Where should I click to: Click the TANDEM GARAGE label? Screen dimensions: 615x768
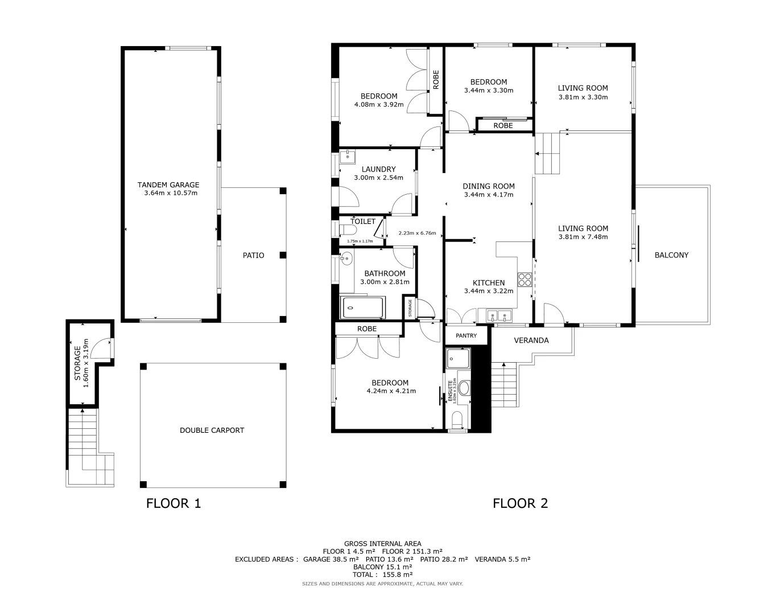click(168, 184)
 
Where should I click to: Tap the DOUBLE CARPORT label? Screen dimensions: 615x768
click(212, 430)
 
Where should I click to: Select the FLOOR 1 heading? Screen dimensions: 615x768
click(174, 503)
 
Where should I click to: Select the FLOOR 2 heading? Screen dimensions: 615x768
click(520, 503)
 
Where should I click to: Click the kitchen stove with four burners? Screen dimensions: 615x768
click(524, 280)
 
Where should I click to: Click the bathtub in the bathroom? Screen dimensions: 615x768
click(362, 308)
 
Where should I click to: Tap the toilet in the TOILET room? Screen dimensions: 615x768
click(347, 230)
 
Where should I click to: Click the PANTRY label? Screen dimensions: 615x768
click(466, 335)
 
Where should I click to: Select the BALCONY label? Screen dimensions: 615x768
click(671, 255)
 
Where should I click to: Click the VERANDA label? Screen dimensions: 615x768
click(531, 341)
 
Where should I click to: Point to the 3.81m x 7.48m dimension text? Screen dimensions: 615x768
click(583, 237)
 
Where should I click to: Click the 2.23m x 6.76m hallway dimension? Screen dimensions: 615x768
click(417, 233)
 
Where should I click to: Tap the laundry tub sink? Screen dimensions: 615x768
click(348, 157)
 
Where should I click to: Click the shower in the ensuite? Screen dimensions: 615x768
click(458, 358)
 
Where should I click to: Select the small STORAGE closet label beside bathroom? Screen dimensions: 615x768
click(410, 308)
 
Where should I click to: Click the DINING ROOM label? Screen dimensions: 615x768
click(488, 186)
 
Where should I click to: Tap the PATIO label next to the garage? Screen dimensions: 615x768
click(253, 255)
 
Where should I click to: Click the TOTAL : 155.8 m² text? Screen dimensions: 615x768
click(382, 575)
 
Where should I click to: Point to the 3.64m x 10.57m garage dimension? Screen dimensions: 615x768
click(171, 193)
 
